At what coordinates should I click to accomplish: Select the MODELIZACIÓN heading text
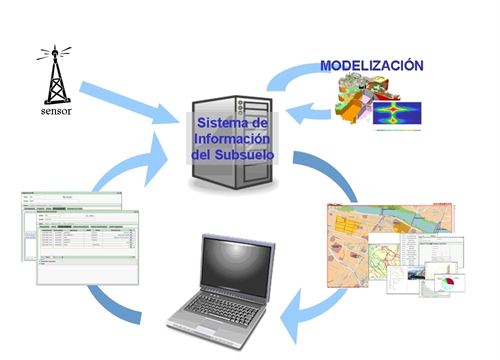[x=371, y=66]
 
